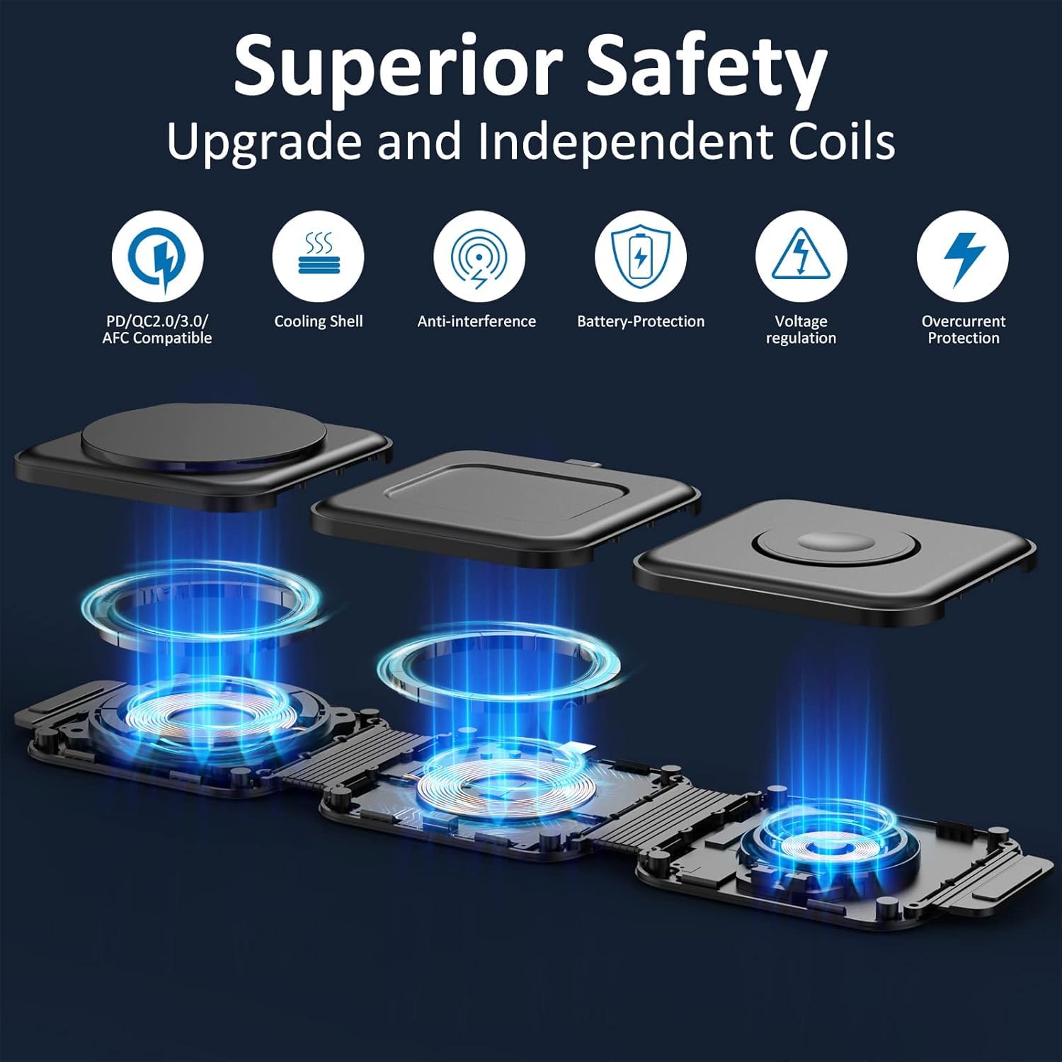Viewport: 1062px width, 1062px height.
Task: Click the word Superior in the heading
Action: point(397,69)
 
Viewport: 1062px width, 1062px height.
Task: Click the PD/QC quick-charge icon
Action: point(157,257)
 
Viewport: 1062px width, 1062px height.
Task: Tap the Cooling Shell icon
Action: point(318,257)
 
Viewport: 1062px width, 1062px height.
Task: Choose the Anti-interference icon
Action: point(479,257)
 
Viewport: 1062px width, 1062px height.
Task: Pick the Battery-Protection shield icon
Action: point(640,257)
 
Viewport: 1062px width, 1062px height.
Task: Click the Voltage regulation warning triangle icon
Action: point(801,257)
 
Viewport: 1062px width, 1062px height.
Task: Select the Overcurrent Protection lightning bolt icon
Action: point(962,257)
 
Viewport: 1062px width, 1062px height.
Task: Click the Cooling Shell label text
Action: point(319,321)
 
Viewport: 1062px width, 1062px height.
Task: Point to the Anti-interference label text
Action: point(476,321)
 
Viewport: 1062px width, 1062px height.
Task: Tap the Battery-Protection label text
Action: point(641,321)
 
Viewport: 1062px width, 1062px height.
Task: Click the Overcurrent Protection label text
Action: point(964,329)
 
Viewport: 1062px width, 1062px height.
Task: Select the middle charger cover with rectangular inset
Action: point(506,508)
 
